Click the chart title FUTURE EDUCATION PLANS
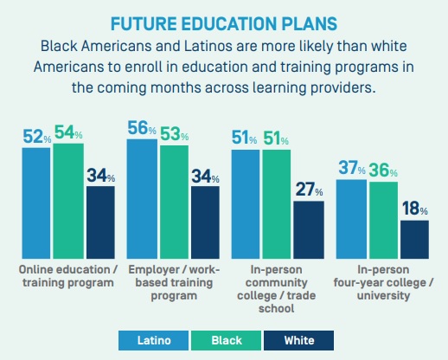coord(224,23)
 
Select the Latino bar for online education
coord(36,203)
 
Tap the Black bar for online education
coord(68,201)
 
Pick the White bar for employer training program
coord(205,222)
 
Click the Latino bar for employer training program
coord(142,199)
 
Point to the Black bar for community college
coord(277,204)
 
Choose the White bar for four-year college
coord(415,240)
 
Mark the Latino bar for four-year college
coord(351,219)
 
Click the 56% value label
coord(142,128)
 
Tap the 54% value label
coord(68,132)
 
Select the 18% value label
coord(415,209)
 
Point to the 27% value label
coord(309,190)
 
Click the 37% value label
coord(352,168)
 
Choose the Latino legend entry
coord(153,341)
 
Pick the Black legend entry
coord(227,341)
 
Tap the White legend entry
coord(299,341)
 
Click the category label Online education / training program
coord(68,276)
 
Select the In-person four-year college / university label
coord(383,283)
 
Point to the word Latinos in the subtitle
coord(208,46)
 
